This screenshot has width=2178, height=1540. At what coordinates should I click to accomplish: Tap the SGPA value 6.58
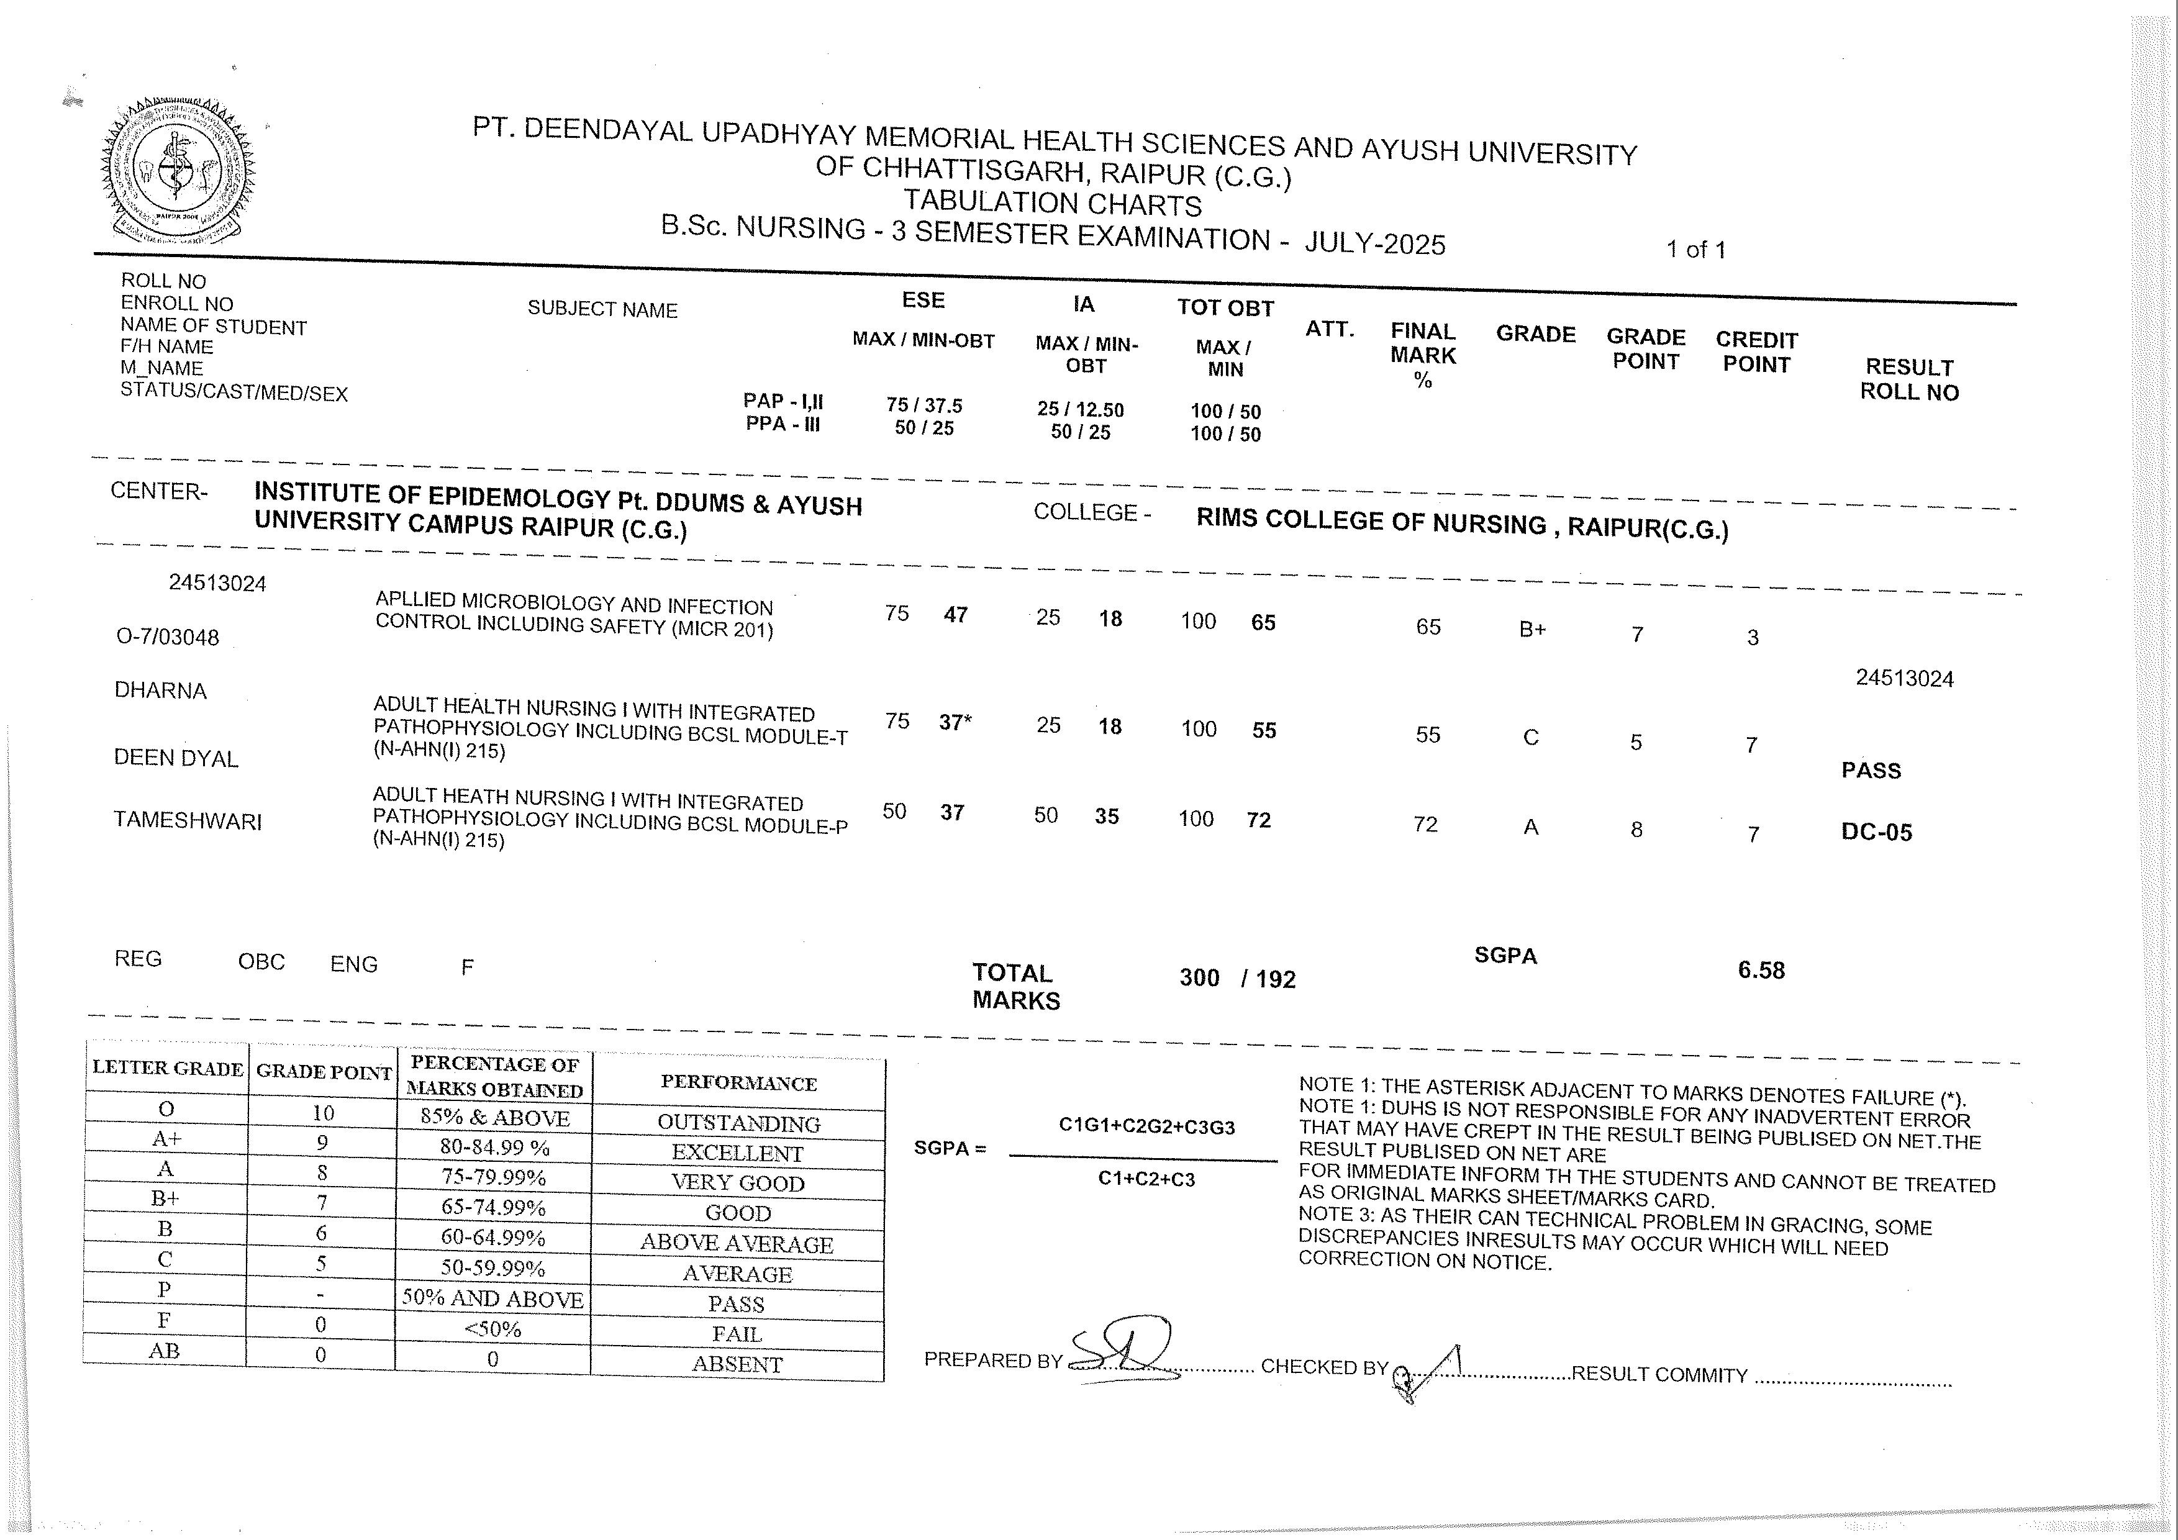[1761, 970]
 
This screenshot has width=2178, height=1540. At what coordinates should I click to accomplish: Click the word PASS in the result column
[1871, 770]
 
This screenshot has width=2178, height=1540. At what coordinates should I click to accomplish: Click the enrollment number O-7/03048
[168, 636]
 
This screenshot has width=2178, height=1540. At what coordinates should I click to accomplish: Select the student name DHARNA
[160, 691]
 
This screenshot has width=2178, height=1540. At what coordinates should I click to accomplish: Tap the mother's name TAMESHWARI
[188, 820]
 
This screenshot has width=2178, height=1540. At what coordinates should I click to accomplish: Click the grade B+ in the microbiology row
[1532, 630]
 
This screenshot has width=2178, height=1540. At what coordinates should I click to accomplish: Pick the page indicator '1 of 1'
[1696, 250]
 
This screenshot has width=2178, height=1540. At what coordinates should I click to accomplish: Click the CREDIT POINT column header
[1756, 352]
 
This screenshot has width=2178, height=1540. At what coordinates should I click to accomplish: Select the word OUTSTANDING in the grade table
[738, 1124]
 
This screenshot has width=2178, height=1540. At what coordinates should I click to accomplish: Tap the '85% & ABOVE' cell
[494, 1118]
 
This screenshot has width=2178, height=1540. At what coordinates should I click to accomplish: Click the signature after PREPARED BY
[1124, 1351]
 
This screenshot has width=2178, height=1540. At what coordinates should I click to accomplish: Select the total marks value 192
[1275, 979]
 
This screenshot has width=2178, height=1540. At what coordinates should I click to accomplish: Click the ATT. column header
[1329, 329]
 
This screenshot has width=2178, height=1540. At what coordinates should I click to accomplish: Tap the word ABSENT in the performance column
[737, 1364]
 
